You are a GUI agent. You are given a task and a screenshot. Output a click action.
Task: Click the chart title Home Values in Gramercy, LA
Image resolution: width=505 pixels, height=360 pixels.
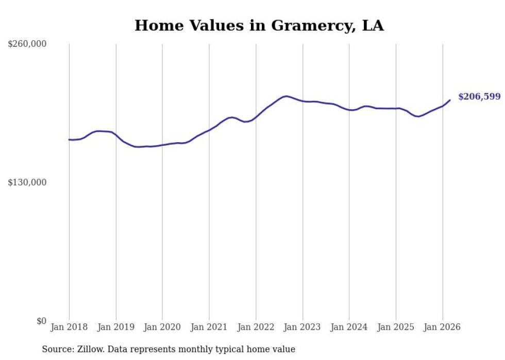[259, 25]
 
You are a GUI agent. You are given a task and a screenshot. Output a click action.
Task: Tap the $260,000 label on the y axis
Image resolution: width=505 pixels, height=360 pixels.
[27, 44]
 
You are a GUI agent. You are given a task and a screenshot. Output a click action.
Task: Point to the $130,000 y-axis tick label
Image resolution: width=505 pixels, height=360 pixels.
[27, 183]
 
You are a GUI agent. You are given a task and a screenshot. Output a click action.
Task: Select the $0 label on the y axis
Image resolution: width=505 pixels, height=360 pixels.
[41, 321]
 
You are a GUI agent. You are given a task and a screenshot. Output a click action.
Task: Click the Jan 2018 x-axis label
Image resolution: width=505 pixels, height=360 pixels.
[69, 327]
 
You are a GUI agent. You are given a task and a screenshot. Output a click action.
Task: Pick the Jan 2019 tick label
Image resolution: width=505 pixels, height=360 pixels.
[116, 327]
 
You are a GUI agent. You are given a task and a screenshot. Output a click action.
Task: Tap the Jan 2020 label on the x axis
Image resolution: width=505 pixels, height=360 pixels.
[162, 327]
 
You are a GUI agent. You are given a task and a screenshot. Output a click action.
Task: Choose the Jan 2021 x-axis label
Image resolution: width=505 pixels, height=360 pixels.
[209, 327]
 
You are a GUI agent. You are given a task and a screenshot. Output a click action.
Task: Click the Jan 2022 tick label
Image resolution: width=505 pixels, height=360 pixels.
[256, 327]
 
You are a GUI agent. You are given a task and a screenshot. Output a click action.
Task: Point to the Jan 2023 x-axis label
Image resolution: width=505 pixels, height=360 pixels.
[302, 327]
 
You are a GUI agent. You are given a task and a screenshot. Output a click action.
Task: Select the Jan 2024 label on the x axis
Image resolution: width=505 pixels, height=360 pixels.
[349, 327]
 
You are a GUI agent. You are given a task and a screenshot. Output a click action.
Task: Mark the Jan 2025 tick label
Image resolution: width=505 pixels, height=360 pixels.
[396, 327]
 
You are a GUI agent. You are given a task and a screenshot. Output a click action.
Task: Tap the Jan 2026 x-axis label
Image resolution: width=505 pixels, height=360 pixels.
[442, 327]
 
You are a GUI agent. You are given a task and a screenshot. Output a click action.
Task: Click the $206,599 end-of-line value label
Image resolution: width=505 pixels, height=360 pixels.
[479, 97]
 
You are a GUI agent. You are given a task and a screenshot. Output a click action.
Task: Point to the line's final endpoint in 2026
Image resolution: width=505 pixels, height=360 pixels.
[450, 100]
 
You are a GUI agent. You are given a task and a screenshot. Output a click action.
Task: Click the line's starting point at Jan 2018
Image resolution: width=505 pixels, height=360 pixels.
[69, 140]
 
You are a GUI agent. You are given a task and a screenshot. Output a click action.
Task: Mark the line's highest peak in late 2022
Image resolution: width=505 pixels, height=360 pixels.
[286, 96]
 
